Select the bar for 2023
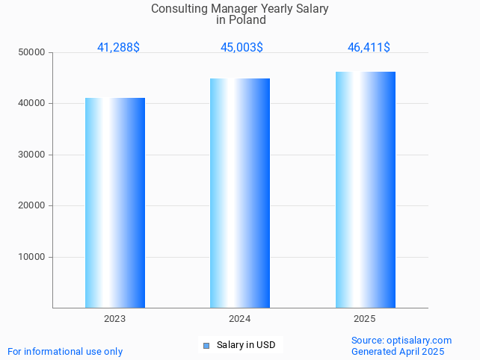click(x=115, y=202)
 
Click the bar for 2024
click(x=240, y=193)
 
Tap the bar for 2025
click(x=365, y=190)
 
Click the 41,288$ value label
click(x=118, y=48)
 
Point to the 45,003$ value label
click(x=241, y=48)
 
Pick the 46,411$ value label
click(x=369, y=48)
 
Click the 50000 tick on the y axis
click(x=32, y=52)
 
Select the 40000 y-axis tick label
click(x=32, y=104)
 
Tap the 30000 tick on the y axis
click(x=32, y=155)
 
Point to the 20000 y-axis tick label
click(x=32, y=206)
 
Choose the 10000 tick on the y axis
click(x=32, y=257)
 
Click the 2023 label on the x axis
click(x=115, y=319)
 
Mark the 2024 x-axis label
click(x=240, y=319)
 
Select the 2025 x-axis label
click(x=365, y=319)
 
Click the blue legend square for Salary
click(x=206, y=345)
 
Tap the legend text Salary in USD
click(x=246, y=345)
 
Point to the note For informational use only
click(x=65, y=351)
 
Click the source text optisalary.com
click(x=419, y=341)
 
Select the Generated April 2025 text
click(x=398, y=351)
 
